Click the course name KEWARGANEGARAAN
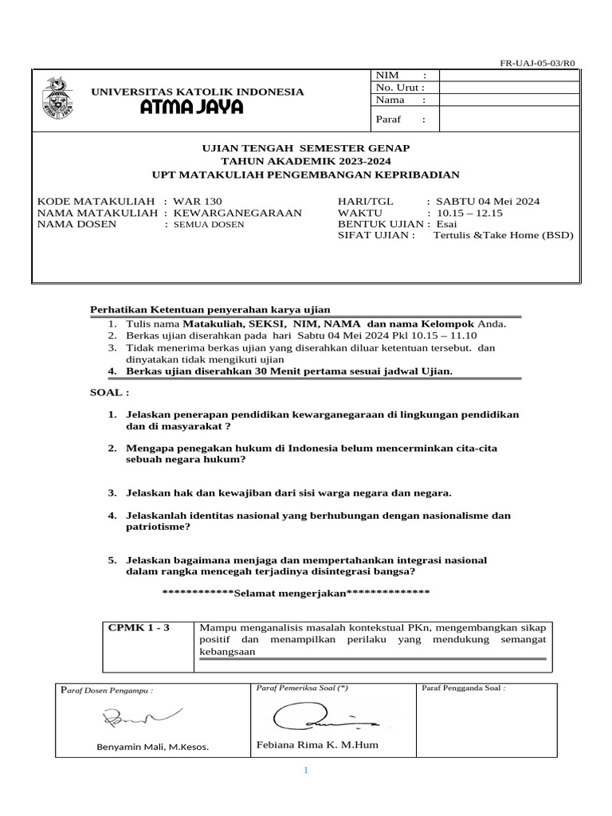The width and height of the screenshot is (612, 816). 237,213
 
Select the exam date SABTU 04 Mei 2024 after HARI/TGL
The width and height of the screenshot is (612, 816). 488,202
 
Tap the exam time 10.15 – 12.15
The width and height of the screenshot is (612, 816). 471,213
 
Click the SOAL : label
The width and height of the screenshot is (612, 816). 108,393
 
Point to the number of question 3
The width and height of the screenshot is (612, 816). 112,493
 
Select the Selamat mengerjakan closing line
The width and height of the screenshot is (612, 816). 296,593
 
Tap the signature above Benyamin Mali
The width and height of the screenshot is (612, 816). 141,719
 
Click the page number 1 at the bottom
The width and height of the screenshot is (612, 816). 304,771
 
